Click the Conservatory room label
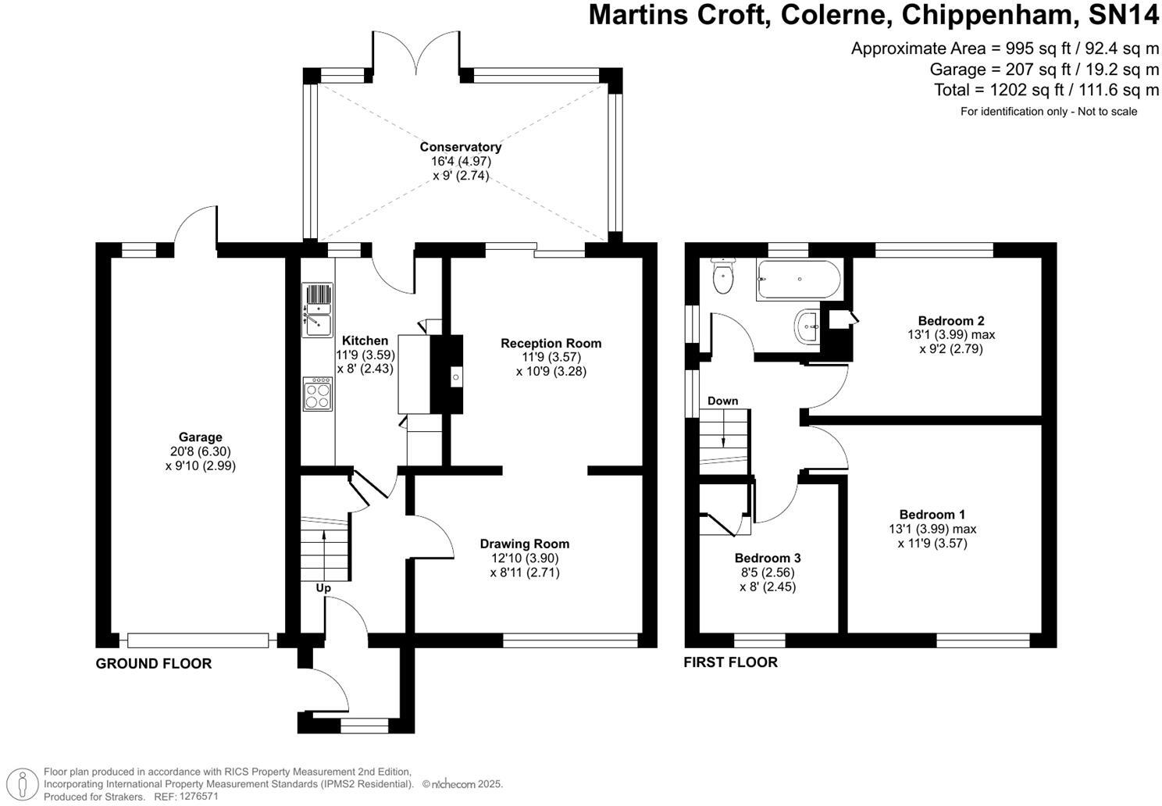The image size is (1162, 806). point(460,147)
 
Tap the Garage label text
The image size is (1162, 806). point(200,437)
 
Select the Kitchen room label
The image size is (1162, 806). point(365,341)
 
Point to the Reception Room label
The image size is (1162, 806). point(551,343)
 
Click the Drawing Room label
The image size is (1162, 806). point(524,544)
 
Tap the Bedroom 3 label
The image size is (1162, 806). point(767,558)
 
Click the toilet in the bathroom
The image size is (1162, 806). point(723,276)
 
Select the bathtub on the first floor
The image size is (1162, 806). point(798,280)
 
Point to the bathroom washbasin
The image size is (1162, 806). point(807,326)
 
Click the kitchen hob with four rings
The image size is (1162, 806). point(318,394)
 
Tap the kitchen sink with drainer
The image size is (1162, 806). point(318,310)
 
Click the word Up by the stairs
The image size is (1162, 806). point(323,588)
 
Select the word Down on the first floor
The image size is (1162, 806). point(722,401)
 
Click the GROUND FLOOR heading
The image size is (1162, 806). point(153,664)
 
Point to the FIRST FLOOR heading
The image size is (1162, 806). point(730,662)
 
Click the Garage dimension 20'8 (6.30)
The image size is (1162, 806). point(200,451)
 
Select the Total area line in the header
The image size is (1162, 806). point(1046,90)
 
